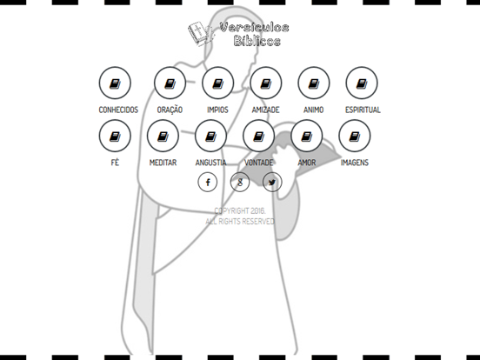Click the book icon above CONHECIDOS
coord(115,83)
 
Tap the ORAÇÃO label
coord(170,110)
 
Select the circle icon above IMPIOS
coord(217,83)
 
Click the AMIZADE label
coord(265,110)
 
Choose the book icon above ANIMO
coord(314,83)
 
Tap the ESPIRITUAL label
coord(363,110)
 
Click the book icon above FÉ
coord(115,137)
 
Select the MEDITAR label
coord(163,163)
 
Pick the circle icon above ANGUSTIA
coord(210,136)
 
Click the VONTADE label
coord(258,163)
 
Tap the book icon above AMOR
coord(307,137)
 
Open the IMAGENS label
coord(355,163)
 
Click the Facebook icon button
coord(208,182)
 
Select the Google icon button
coord(240,182)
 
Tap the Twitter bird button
coord(272,182)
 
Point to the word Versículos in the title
coord(255,28)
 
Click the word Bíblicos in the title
coord(257,41)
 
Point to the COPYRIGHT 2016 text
coord(240,211)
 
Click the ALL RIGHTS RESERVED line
coord(240,221)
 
